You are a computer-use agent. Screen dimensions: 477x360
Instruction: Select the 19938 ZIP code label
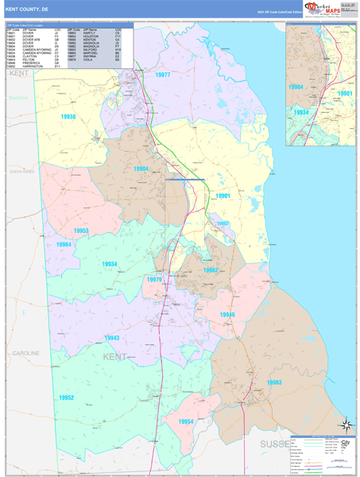[68, 117]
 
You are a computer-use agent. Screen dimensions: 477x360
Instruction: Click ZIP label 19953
[80, 231]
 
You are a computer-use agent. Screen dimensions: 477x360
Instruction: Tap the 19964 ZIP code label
[64, 245]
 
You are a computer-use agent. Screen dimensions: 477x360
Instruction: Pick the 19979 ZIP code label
[154, 279]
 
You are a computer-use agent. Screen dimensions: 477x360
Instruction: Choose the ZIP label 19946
[227, 315]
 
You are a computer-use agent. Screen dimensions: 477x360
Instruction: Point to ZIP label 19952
[66, 397]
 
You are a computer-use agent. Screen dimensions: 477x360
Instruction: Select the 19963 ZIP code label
[274, 382]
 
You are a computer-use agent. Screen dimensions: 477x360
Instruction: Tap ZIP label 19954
[186, 421]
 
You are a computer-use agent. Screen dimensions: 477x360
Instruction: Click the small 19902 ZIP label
[223, 223]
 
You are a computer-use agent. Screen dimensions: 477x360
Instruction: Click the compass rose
[344, 425]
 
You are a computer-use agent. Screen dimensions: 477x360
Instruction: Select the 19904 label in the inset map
[296, 86]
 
